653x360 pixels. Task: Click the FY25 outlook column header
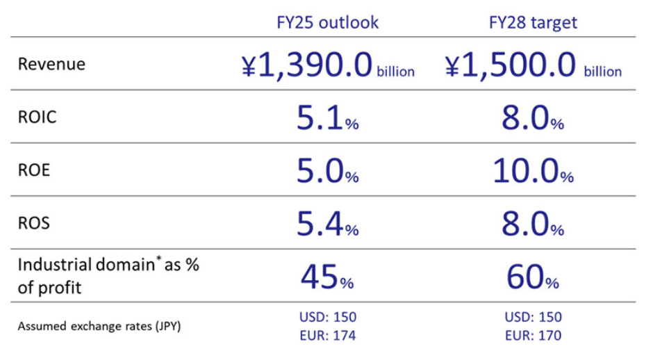coord(327,22)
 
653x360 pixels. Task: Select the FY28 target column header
coord(533,22)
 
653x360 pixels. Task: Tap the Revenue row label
coord(51,64)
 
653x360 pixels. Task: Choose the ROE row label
coord(34,170)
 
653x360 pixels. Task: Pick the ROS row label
coord(34,224)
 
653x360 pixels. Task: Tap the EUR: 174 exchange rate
coord(327,335)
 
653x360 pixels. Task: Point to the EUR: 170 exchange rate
coord(533,335)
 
